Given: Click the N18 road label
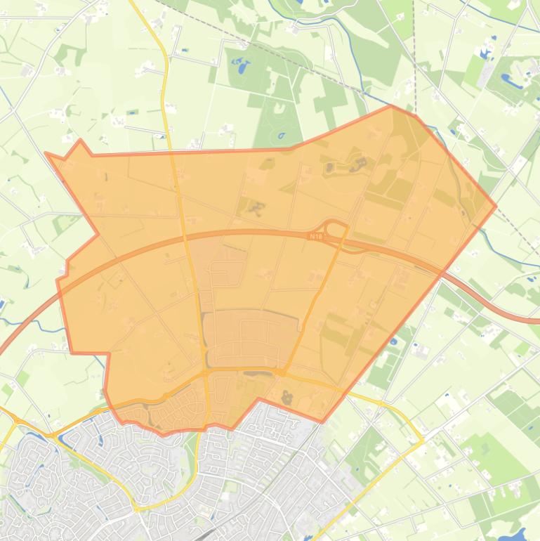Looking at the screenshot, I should (317, 237).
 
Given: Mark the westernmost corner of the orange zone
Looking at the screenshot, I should (45, 152).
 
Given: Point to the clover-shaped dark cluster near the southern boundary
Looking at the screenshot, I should (286, 398).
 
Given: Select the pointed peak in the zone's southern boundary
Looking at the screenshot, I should (258, 399).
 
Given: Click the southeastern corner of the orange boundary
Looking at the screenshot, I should (322, 422).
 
